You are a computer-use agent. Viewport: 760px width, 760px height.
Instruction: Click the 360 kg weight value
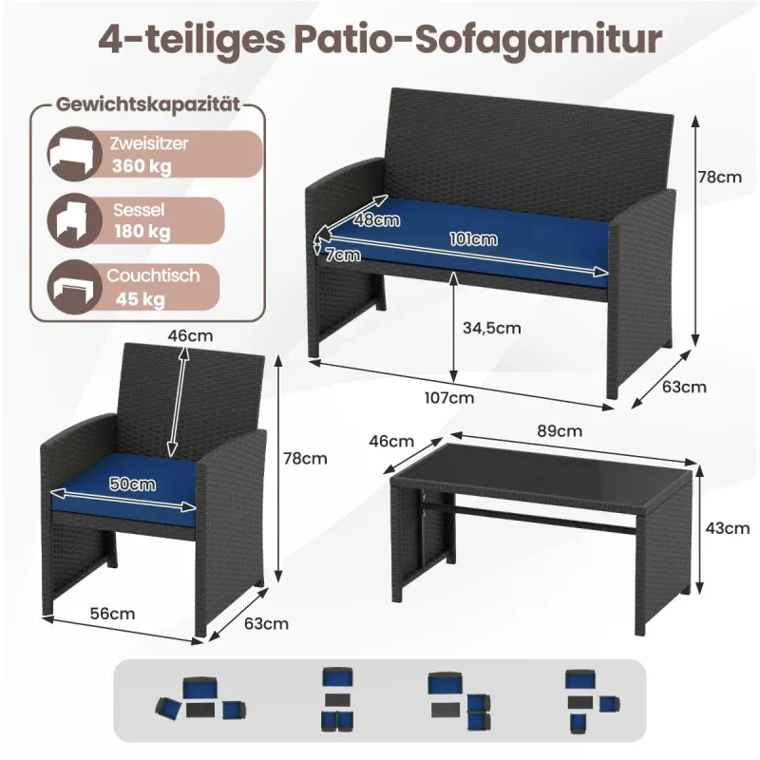pos(142,166)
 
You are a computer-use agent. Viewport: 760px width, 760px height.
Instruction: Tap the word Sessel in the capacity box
pos(139,210)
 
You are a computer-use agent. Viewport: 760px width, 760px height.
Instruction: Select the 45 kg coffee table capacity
pos(140,299)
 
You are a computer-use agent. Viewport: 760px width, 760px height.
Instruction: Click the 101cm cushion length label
pos(473,239)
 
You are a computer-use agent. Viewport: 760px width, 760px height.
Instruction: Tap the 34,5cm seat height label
pos(491,328)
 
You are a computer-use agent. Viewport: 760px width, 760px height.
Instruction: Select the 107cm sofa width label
pos(449,398)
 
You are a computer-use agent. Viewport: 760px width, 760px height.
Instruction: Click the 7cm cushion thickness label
pos(343,255)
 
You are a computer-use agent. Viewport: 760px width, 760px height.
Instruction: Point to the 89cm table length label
pos(560,431)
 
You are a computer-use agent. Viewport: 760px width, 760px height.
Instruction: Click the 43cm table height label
pos(727,528)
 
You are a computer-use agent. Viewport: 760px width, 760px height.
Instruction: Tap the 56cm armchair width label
pos(112,614)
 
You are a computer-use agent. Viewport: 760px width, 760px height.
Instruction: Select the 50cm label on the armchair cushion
pos(132,484)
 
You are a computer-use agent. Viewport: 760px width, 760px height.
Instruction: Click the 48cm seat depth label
pos(376,220)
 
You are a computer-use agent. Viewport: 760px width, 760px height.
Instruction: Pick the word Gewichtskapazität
pos(148,104)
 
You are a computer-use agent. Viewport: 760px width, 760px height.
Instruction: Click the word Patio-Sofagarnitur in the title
pos(478,40)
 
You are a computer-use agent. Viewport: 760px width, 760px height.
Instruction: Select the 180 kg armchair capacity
pos(142,232)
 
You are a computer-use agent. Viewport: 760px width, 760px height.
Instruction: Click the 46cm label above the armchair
pos(191,335)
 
